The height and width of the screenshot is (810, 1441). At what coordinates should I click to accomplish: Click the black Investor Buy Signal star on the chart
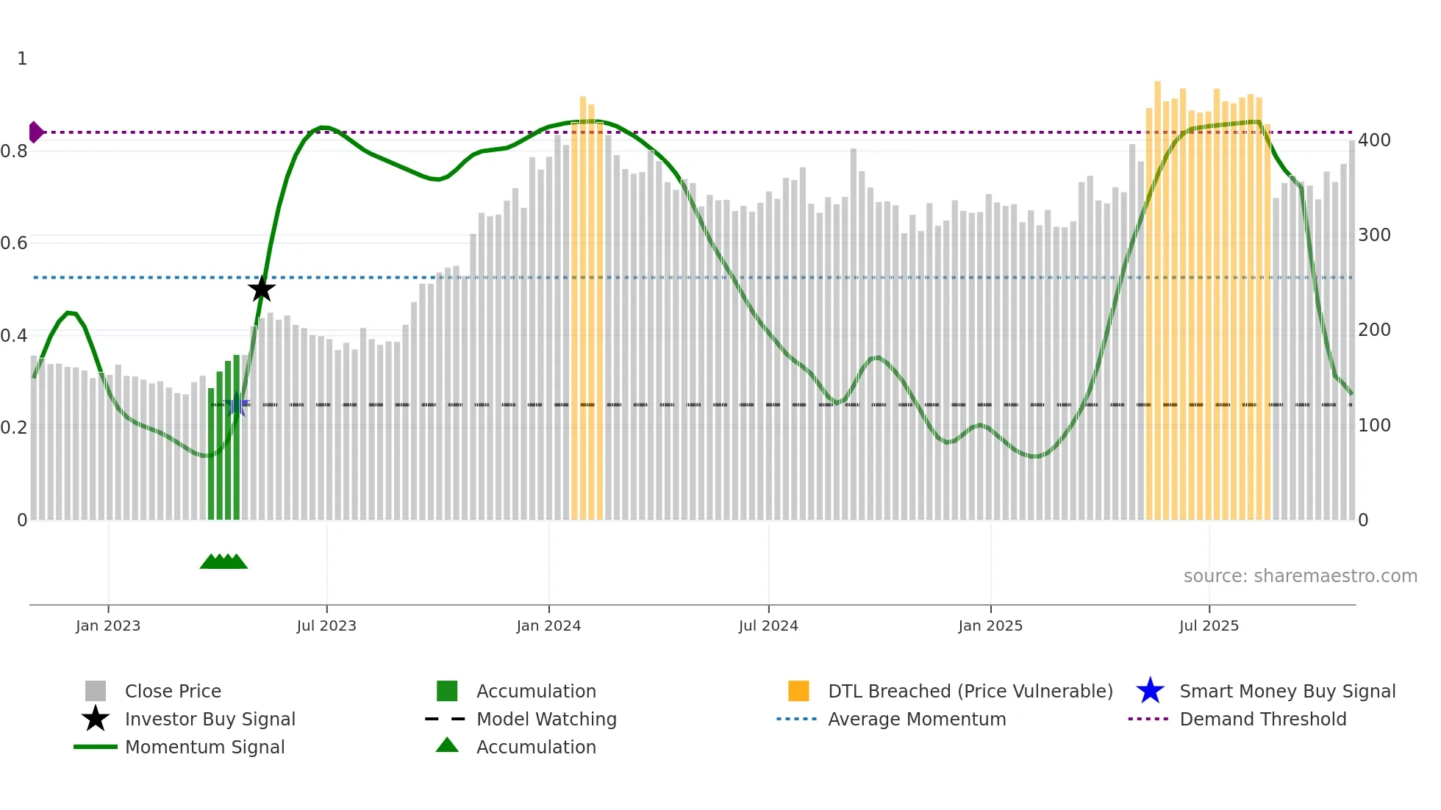261,289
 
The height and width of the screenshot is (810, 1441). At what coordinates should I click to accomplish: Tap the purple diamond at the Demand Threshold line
35,132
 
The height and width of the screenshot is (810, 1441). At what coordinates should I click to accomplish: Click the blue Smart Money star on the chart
237,405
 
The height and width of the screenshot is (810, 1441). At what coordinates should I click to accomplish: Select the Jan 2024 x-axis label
548,626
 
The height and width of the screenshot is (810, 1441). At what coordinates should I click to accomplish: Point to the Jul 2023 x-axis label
326,626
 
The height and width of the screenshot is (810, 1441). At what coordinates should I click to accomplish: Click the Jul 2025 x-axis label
1209,626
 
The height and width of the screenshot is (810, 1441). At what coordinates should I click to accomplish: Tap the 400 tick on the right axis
1374,140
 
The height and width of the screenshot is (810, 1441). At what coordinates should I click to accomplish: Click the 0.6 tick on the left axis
15,243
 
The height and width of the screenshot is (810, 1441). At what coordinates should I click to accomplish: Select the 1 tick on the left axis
22,59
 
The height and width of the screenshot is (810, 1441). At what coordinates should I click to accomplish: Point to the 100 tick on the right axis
1374,426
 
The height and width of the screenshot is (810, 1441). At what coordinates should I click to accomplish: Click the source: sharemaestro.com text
1300,576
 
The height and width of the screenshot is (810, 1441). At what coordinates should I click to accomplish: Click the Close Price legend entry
173,692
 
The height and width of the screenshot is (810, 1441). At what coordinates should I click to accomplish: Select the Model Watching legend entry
546,720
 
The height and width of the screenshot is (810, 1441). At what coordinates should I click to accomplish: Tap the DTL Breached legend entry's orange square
798,692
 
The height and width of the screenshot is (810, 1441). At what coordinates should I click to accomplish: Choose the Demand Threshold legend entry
1262,720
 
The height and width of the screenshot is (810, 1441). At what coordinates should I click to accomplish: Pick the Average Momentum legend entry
917,720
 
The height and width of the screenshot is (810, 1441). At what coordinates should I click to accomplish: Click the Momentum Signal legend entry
204,748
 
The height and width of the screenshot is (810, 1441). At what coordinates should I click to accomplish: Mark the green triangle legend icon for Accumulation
447,745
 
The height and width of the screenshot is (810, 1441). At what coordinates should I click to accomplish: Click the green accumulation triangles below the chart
224,562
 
